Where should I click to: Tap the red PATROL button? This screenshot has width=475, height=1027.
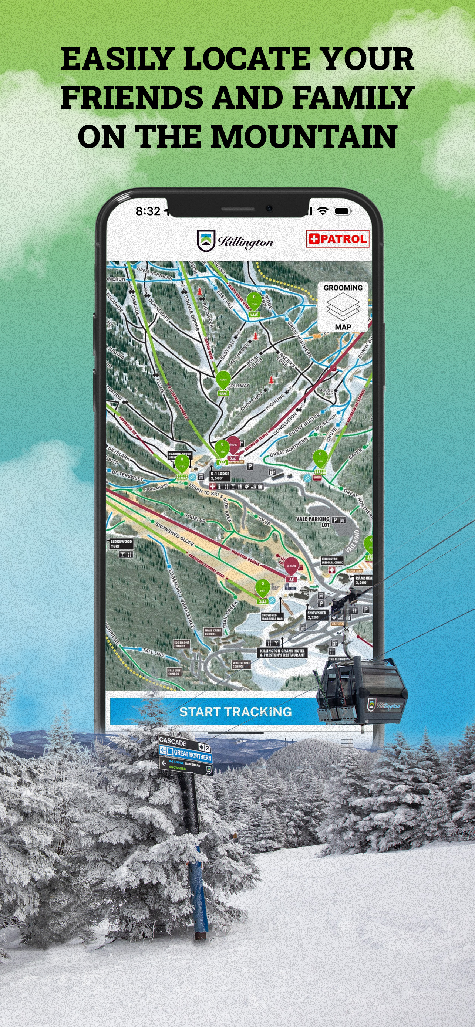(x=337, y=239)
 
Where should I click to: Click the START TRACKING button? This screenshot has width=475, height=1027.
(x=235, y=712)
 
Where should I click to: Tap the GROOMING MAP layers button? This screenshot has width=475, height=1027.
(x=343, y=307)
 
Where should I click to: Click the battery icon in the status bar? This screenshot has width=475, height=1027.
(x=342, y=210)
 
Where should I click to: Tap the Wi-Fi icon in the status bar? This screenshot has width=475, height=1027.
(x=323, y=210)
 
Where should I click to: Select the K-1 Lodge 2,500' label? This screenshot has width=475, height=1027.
(x=220, y=476)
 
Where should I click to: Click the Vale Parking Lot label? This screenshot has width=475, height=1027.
(x=313, y=521)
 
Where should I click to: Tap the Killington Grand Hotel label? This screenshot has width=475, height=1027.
(x=282, y=653)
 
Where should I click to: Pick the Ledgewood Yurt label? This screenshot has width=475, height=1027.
(x=121, y=543)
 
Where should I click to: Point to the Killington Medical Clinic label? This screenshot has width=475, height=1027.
(x=332, y=560)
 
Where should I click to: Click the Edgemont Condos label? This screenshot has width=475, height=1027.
(x=182, y=644)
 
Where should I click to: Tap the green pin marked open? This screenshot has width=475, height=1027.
(x=223, y=380)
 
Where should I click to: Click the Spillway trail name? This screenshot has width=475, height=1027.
(x=238, y=386)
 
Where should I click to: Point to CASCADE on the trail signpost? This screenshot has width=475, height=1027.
(x=172, y=742)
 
